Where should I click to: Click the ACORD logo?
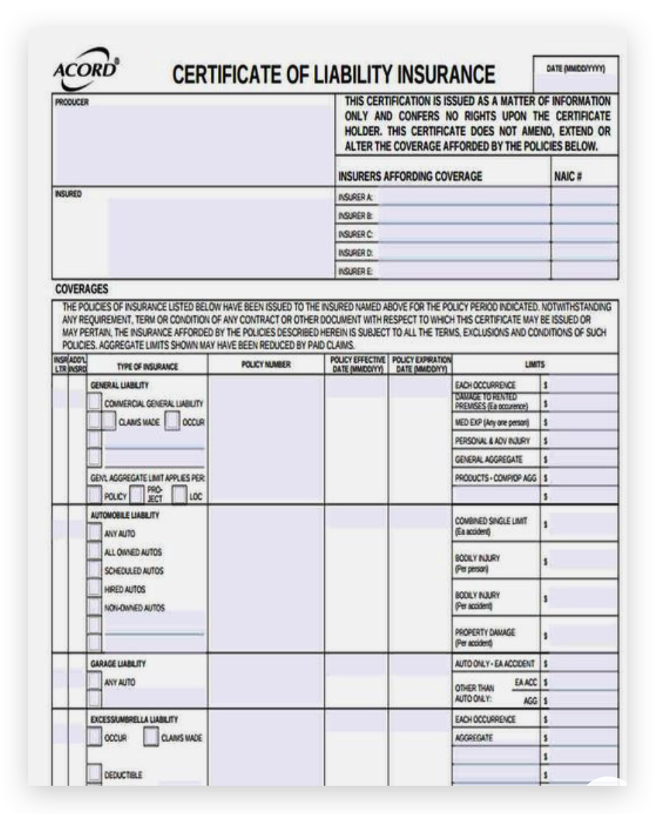(86, 69)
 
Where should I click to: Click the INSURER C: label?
(355, 234)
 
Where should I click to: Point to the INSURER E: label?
(355, 271)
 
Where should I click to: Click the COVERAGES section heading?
(81, 289)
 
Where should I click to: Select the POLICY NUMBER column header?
(265, 365)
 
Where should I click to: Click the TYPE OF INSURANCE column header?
(147, 367)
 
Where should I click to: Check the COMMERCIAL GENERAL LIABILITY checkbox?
(95, 402)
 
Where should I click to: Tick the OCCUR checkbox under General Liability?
(172, 421)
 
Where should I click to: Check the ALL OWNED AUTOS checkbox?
(95, 552)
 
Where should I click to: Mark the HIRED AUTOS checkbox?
(95, 589)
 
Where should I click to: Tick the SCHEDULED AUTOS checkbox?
(95, 571)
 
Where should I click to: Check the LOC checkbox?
(180, 495)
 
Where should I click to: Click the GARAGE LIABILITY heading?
(118, 664)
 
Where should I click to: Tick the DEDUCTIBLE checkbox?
(95, 774)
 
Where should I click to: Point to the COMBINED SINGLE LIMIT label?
(491, 521)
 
